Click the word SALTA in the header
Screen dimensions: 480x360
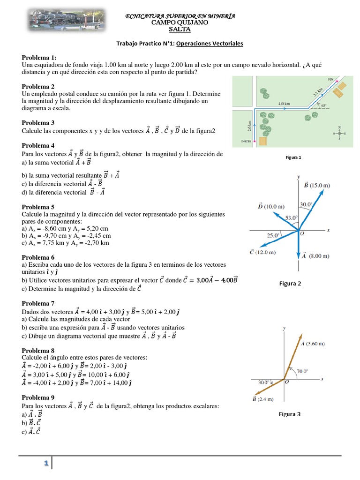pos(180,29)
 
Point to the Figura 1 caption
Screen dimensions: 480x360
pos(293,157)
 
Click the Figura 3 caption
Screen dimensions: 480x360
pos(289,414)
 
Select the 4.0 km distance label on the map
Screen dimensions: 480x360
pos(284,103)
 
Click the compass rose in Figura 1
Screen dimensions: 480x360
pos(339,133)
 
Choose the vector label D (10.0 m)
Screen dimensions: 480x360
pos(271,206)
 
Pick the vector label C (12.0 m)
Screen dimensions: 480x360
pos(262,252)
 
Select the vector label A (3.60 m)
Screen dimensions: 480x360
pos(313,343)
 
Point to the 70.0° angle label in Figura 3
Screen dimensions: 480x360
pos(302,371)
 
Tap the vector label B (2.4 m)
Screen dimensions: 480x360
pos(262,399)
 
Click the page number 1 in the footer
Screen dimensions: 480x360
pos(46,463)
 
